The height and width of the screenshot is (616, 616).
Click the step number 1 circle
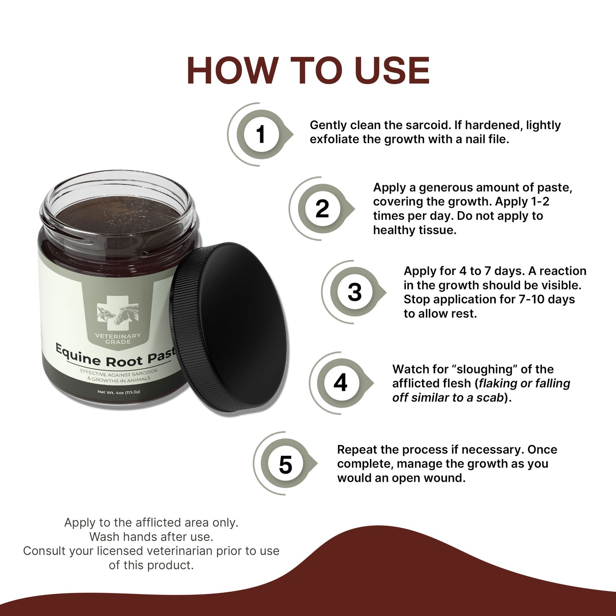coord(260,135)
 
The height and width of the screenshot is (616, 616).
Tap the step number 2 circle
coord(322,209)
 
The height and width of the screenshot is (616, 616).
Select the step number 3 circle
coord(354,292)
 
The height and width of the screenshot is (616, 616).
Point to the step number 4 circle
coord(340,382)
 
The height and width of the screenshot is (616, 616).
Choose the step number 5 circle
coord(285,464)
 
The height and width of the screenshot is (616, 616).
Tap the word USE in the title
coord(392,70)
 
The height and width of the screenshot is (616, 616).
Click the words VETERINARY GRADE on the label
coord(118,339)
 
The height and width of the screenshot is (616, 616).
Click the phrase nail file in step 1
coord(487,139)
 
